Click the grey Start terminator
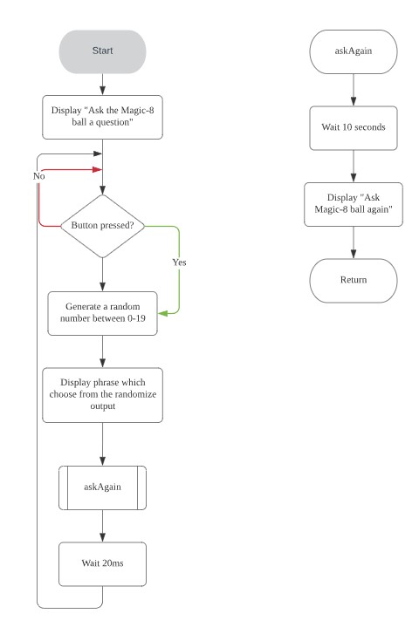[102, 51]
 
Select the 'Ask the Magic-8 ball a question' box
[102, 117]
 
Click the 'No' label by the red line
[39, 175]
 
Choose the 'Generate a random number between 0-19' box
[102, 313]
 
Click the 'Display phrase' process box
[102, 395]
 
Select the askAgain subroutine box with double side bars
[102, 487]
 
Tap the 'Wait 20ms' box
[102, 564]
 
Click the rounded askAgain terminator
[354, 51]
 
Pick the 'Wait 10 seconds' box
[354, 127]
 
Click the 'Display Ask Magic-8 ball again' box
[354, 204]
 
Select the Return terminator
[354, 280]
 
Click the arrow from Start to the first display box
[102, 85]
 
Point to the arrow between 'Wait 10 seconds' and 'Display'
[354, 166]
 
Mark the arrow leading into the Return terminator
[354, 242]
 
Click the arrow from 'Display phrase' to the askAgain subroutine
[102, 444]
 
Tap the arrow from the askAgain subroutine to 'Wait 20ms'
[102, 526]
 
